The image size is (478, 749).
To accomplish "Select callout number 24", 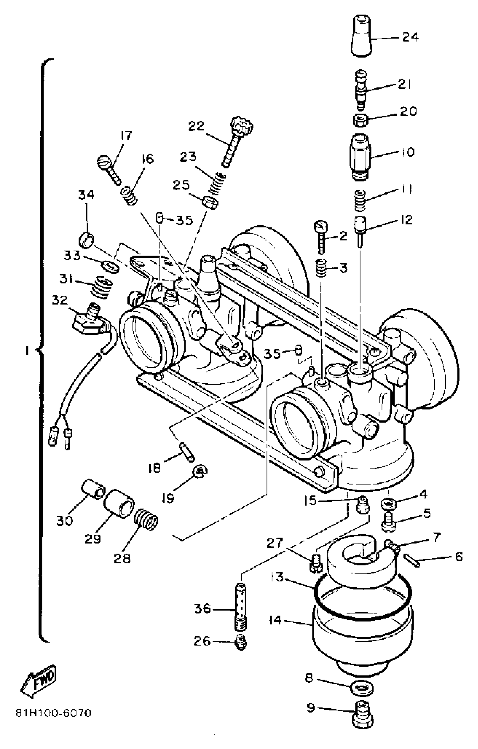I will (410, 37).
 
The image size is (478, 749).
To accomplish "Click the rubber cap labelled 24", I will (362, 36).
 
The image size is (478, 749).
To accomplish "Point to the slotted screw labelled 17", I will (109, 169).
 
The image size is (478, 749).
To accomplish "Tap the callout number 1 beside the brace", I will (28, 351).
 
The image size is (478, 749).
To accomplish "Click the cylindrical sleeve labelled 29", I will (118, 504).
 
